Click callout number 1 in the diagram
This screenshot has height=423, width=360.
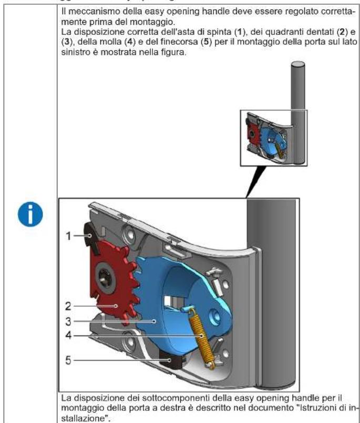coord(68,236)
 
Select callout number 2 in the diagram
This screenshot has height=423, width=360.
coord(68,305)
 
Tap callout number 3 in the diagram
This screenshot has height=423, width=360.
coord(68,320)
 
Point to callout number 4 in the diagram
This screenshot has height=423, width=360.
coord(68,334)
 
